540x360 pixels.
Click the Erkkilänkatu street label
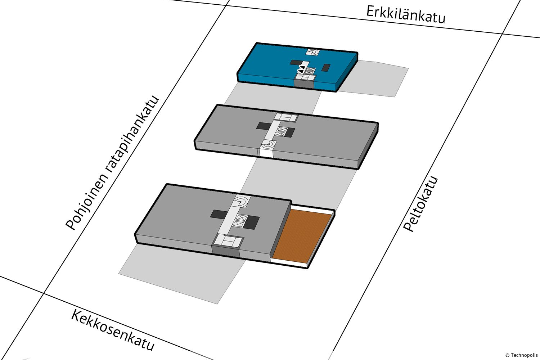405,15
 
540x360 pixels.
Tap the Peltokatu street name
420,204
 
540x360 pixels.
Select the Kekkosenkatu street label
113,330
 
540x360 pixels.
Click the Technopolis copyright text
521,355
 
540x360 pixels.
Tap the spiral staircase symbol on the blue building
313,52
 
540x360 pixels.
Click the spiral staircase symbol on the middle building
268,144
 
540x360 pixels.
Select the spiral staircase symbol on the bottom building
242,201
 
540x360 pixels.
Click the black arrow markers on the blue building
301,70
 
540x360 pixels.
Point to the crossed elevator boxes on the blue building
310,71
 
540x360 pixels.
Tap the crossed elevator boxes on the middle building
282,131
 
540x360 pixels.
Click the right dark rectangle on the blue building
326,68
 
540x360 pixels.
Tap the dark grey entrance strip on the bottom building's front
226,251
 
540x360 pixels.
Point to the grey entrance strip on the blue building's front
304,84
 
